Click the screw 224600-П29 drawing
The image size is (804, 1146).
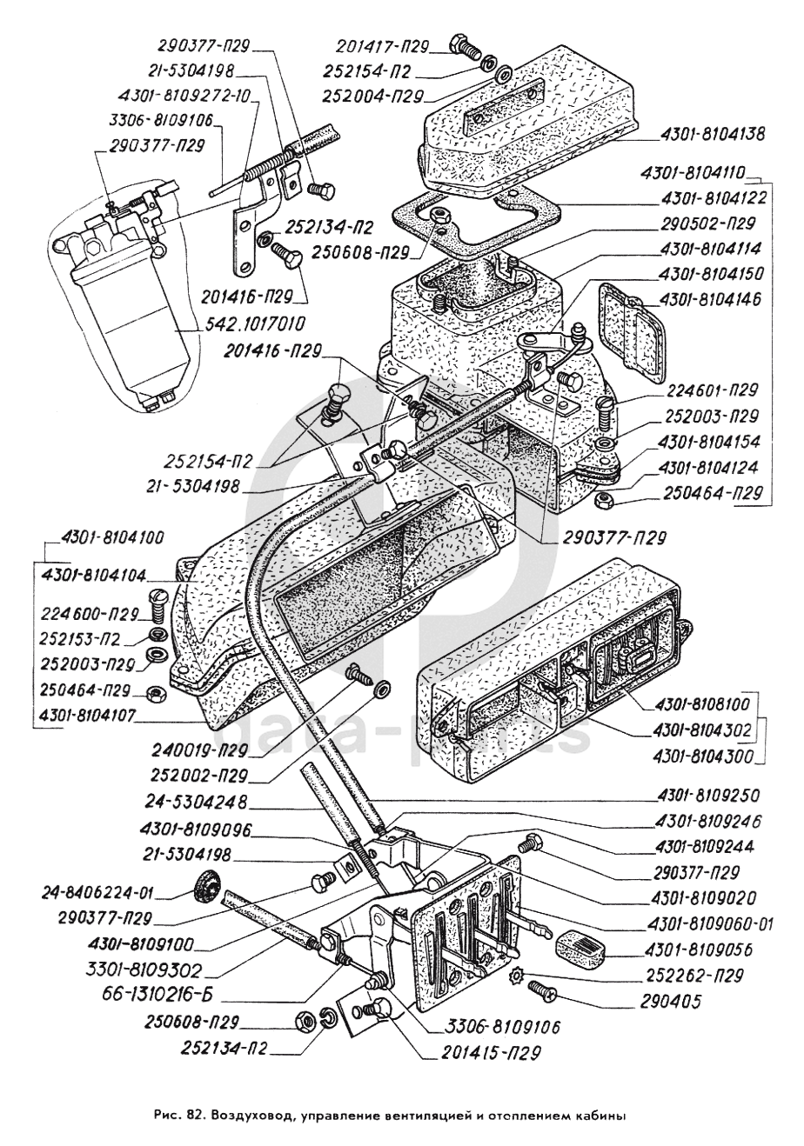point(158,599)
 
